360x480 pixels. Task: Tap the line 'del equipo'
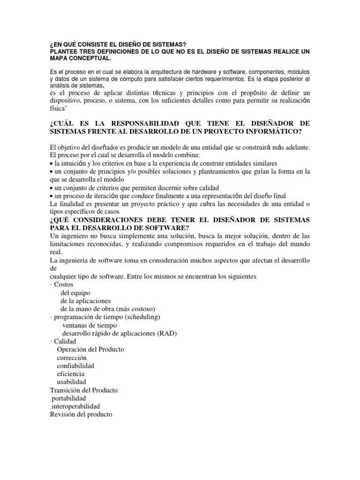pos(76,292)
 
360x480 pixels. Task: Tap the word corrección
pos(72,358)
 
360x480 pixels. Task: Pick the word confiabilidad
pos(75,366)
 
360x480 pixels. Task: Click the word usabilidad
pos(71,382)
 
